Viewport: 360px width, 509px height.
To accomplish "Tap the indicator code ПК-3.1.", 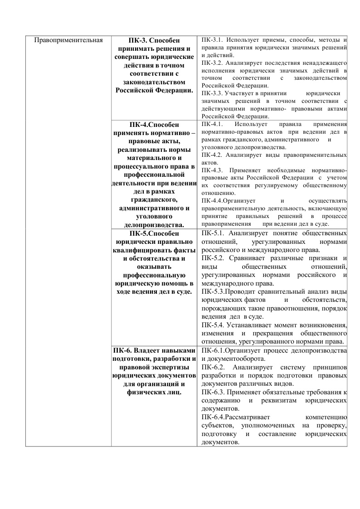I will click(211, 40).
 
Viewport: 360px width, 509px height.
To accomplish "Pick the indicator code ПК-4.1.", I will click(211, 124).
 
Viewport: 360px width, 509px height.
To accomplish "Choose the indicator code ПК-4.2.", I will click(211, 155).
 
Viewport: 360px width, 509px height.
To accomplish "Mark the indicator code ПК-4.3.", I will click(211, 170).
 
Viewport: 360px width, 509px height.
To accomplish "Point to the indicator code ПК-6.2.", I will click(213, 368).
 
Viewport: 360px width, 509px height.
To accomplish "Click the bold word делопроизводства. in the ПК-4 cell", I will click(154, 225).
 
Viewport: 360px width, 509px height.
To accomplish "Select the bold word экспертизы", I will click(174, 368).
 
